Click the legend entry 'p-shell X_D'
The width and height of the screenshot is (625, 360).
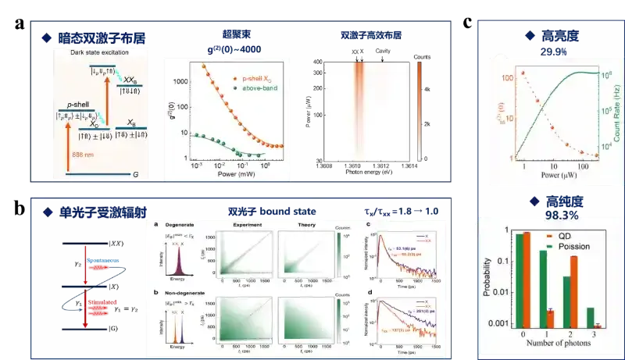251,80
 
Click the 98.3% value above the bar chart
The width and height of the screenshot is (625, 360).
552,214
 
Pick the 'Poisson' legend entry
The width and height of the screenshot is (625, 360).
575,246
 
